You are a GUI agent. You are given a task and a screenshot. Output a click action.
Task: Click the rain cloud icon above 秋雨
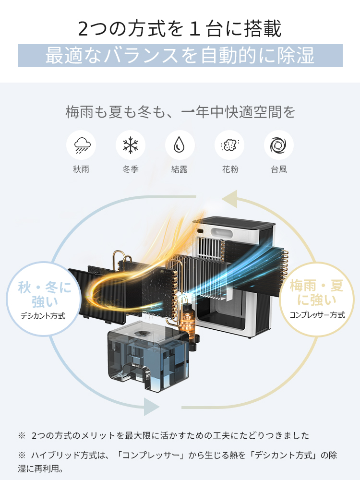coord(81,145)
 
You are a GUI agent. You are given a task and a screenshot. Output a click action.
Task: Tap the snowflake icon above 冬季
coord(131,145)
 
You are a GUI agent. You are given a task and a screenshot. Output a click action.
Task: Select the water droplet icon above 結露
coord(180,145)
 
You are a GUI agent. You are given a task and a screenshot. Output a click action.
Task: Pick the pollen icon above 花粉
coord(229,145)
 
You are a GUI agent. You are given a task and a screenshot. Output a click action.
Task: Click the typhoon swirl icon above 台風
coord(279,145)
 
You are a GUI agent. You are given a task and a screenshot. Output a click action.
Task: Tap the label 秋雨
coord(81,169)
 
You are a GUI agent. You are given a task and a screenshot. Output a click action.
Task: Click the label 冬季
coord(131,169)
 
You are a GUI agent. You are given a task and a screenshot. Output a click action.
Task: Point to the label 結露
coord(180,169)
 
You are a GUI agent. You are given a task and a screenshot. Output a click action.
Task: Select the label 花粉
coord(229,169)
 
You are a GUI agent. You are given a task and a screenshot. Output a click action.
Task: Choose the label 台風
coord(279,169)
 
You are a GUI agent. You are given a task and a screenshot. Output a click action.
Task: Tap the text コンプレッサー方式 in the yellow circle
coord(317,315)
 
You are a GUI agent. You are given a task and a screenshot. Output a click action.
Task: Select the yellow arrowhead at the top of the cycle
coord(230,197)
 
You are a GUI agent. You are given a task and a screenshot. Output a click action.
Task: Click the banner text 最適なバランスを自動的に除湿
coord(180,56)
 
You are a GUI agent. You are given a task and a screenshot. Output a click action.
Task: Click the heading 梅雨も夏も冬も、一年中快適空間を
coord(180,113)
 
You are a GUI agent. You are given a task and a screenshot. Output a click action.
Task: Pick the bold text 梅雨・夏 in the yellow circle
coord(317,287)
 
